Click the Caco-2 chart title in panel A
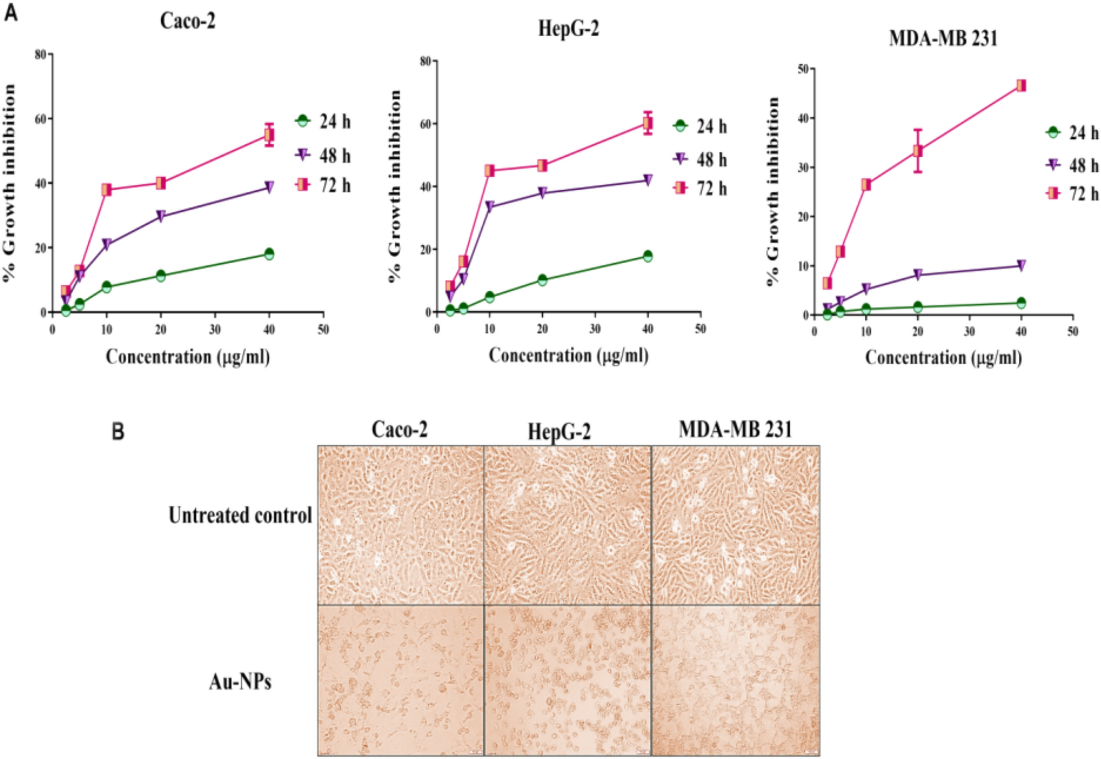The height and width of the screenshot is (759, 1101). tap(188, 21)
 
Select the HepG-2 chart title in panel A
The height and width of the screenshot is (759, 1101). tap(569, 28)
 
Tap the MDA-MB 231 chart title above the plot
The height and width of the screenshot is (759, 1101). tap(943, 38)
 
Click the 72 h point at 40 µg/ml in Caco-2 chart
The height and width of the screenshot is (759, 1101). tap(269, 135)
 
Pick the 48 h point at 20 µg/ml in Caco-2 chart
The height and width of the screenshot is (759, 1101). tap(161, 216)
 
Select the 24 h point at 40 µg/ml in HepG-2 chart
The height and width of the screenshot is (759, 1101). tap(648, 256)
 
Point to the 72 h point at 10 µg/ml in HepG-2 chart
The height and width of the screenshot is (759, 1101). tap(490, 171)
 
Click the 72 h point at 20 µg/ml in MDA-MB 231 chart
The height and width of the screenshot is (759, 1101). tap(917, 151)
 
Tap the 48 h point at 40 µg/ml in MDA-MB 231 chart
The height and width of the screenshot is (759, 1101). tap(1021, 266)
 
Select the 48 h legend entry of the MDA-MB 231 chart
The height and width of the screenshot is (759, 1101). tap(1072, 165)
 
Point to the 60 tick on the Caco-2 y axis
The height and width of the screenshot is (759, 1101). tap(41, 118)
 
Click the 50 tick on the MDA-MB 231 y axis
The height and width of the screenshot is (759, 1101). tap(803, 69)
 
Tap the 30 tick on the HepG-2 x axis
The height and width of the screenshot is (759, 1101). tap(595, 329)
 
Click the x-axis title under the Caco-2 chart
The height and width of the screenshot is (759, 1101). tap(188, 357)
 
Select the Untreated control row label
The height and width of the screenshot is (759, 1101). tap(240, 516)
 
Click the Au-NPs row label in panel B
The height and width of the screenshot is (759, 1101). tap(240, 682)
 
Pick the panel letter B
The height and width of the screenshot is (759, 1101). tap(118, 432)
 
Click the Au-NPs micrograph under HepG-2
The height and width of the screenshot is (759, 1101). tap(567, 680)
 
